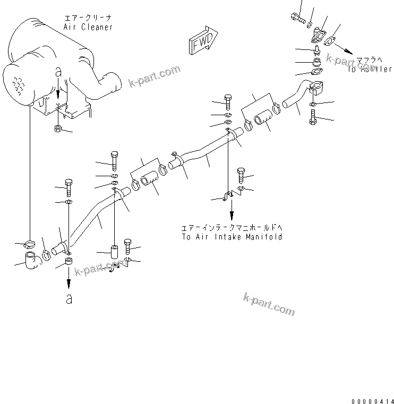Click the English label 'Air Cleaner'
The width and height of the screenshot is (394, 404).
tap(88, 27)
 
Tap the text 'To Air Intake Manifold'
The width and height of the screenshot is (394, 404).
tap(232, 237)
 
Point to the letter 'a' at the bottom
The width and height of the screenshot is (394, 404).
tap(68, 299)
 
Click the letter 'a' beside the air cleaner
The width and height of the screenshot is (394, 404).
tap(58, 73)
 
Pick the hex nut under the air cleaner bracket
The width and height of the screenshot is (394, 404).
tap(58, 128)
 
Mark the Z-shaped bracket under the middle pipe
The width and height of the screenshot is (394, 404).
tap(229, 197)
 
